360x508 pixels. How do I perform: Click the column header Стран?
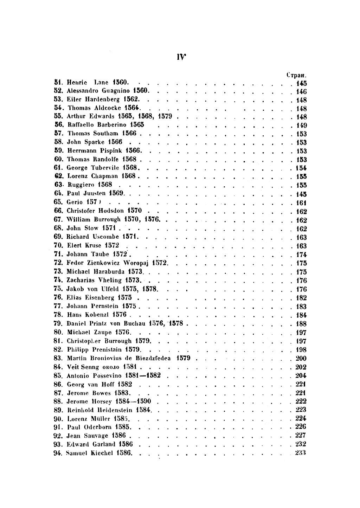(297, 75)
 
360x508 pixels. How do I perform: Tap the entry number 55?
(58, 117)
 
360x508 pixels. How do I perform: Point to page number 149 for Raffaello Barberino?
(301, 126)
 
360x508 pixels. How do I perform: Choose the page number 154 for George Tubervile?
(301, 168)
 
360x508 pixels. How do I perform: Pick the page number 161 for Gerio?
(301, 203)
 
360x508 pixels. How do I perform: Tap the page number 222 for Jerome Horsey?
(301, 401)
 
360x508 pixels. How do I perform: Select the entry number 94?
(58, 453)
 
